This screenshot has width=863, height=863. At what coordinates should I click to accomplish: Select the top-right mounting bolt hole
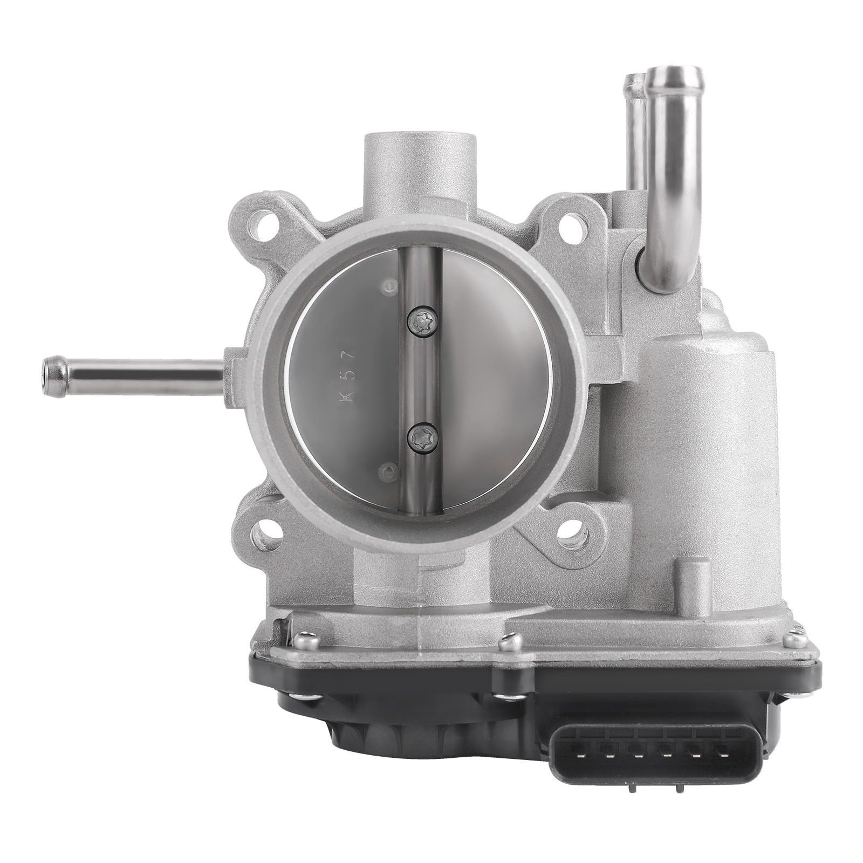pyautogui.click(x=574, y=222)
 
